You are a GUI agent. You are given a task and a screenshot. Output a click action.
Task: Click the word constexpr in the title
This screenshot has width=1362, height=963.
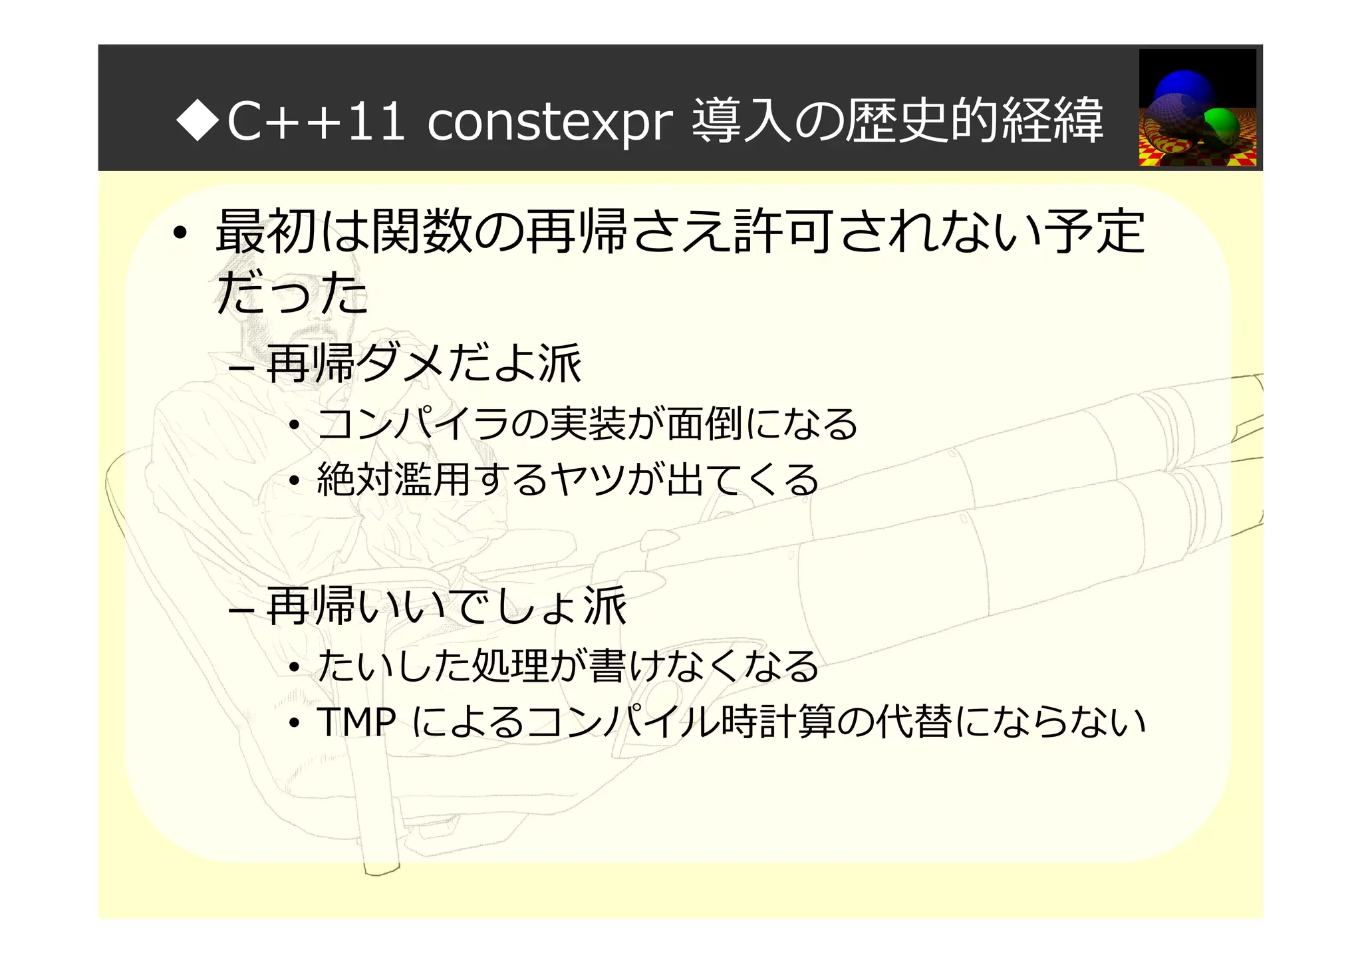[x=549, y=122]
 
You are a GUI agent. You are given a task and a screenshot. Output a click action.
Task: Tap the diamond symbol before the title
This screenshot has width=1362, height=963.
[x=198, y=120]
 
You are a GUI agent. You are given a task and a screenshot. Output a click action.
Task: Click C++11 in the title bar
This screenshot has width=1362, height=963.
[x=315, y=122]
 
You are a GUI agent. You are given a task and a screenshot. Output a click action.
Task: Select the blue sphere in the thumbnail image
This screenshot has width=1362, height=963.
[x=1184, y=89]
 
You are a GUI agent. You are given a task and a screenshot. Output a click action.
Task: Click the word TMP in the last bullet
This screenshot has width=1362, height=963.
[x=356, y=722]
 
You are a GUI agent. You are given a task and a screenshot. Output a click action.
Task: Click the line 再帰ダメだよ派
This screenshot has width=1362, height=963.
[x=424, y=363]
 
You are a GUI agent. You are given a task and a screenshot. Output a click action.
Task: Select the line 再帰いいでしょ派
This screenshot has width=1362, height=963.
[x=446, y=606]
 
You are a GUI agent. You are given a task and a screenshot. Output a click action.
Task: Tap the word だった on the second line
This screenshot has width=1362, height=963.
[x=292, y=293]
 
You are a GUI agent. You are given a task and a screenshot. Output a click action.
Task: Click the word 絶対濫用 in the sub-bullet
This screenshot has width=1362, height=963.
[x=394, y=480]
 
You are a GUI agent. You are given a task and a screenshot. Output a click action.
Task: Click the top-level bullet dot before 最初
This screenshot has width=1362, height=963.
[x=178, y=234]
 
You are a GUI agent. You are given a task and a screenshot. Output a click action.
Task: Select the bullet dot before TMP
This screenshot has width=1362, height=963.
[x=294, y=724]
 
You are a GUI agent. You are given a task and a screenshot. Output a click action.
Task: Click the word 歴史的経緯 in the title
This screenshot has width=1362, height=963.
[x=974, y=122]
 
